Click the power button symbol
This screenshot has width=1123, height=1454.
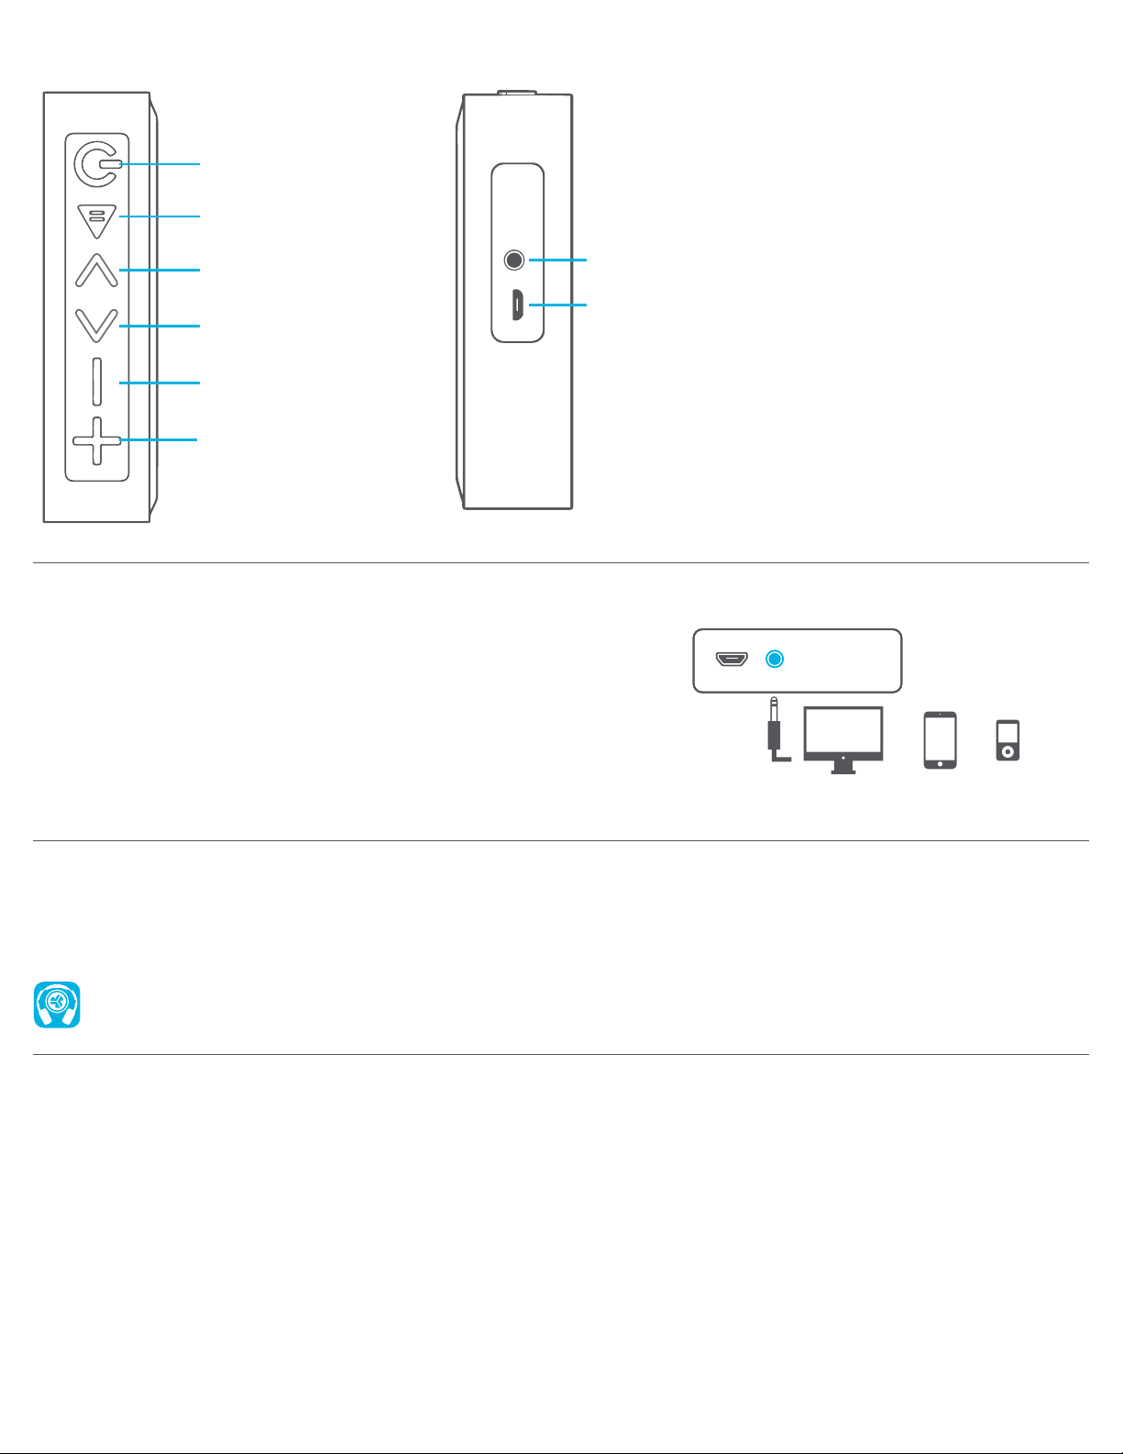(x=96, y=164)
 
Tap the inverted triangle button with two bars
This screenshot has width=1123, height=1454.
(x=96, y=219)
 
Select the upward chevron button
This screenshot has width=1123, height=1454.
(x=96, y=271)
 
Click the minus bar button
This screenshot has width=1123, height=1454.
(x=96, y=382)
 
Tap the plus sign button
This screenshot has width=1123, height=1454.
(x=96, y=441)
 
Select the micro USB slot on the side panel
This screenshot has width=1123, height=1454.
(x=517, y=305)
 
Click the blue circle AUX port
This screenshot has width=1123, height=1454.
(x=775, y=659)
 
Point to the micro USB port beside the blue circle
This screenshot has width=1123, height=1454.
(x=732, y=659)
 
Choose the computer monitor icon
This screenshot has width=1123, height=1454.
(x=843, y=738)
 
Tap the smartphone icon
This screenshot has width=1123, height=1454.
(x=941, y=739)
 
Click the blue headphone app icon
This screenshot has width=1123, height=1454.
(x=57, y=1004)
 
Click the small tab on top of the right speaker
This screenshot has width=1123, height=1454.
(x=517, y=92)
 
